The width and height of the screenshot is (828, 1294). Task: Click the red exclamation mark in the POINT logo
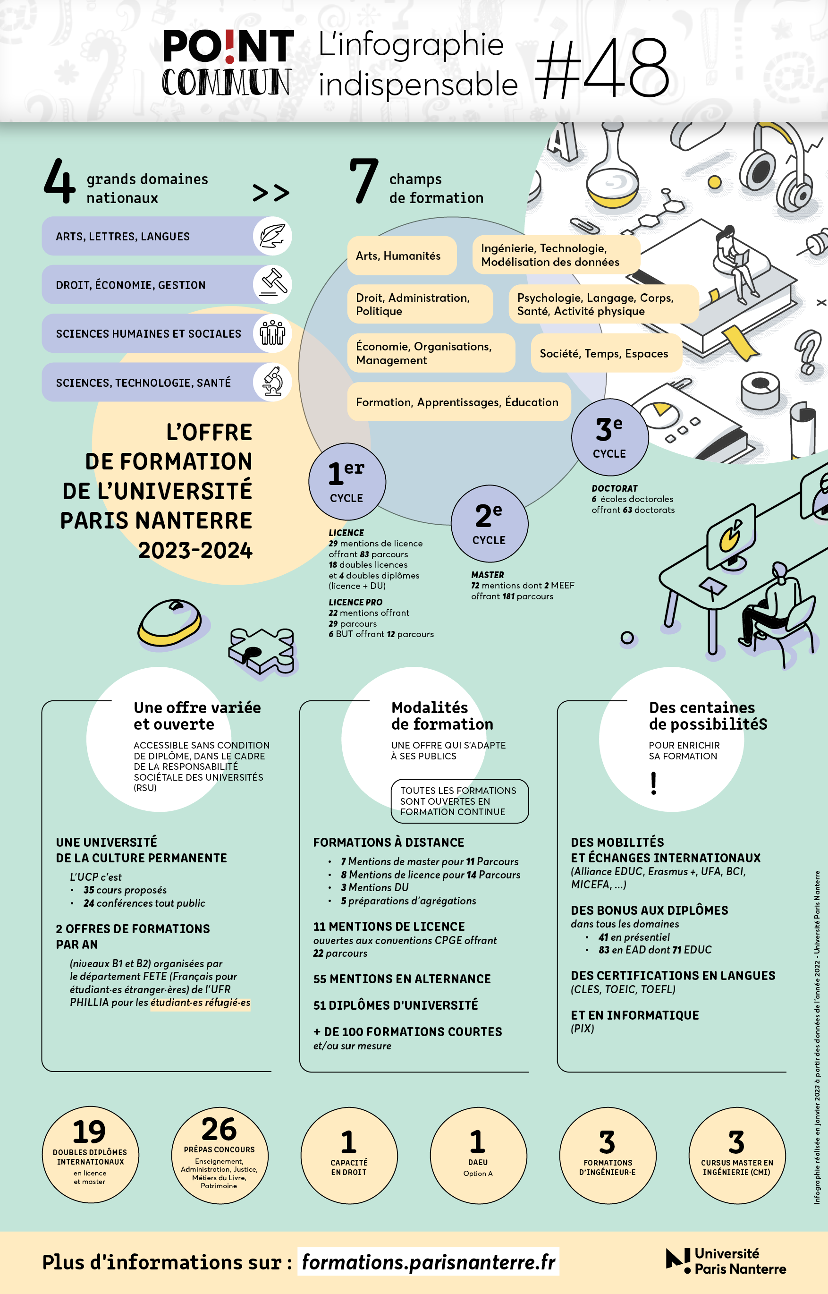[x=230, y=46]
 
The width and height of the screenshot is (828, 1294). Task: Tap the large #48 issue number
[x=603, y=68]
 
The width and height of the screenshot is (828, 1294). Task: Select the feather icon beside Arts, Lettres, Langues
[x=272, y=236]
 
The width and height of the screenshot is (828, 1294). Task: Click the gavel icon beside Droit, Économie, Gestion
[x=272, y=284]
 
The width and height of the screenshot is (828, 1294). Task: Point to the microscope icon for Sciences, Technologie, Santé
[x=272, y=382]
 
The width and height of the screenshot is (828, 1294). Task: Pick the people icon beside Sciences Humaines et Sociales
[x=272, y=333]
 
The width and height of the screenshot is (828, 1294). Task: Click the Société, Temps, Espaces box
[x=607, y=353]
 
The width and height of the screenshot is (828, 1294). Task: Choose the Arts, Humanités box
[x=402, y=255]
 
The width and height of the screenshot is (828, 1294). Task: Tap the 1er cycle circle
[x=347, y=481]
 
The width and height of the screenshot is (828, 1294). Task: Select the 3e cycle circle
[x=610, y=437]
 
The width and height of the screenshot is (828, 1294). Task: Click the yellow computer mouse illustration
[x=170, y=622]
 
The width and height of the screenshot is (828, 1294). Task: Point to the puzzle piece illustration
[x=262, y=651]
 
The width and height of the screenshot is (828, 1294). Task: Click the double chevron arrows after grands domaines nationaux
[x=271, y=193]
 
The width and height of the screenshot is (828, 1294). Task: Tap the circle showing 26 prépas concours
[x=220, y=1155]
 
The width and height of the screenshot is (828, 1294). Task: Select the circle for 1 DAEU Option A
[x=478, y=1155]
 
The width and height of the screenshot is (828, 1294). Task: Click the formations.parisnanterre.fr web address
[x=429, y=1261]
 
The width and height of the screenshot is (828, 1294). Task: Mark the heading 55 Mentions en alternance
[x=402, y=979]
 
